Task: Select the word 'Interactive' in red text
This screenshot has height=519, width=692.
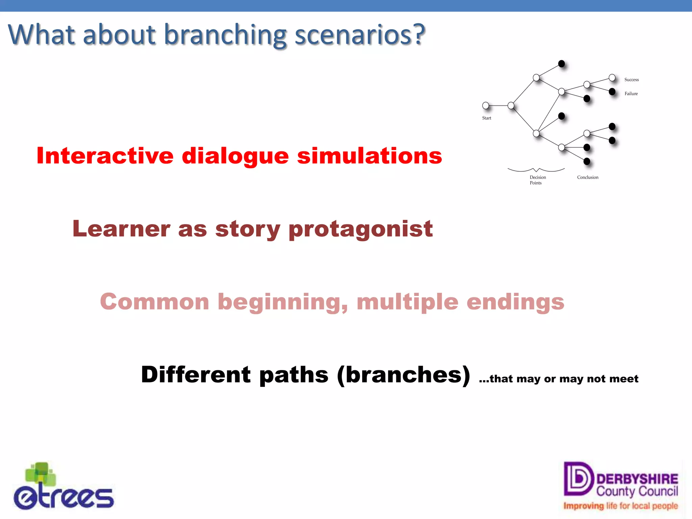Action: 105,156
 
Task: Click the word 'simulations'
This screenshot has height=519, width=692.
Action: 369,156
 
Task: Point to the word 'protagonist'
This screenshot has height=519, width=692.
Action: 361,229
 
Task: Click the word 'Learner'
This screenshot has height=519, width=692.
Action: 121,229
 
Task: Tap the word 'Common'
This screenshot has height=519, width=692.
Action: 154,302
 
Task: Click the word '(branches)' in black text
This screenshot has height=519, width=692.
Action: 403,375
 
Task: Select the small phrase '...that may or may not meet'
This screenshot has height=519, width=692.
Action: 559,379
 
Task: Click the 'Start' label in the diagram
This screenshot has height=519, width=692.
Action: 487,118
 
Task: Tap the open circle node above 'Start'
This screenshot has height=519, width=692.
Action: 486,105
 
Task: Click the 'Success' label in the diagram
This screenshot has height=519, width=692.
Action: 631,80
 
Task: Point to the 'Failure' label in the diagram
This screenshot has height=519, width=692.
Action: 631,94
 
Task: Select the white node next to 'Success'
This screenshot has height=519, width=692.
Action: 612,78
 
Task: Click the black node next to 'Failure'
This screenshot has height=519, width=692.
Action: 612,92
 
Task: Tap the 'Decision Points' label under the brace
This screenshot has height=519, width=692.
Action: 537,180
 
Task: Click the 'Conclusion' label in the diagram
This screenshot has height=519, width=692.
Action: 587,177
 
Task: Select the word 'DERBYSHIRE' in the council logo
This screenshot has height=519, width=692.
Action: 637,479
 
